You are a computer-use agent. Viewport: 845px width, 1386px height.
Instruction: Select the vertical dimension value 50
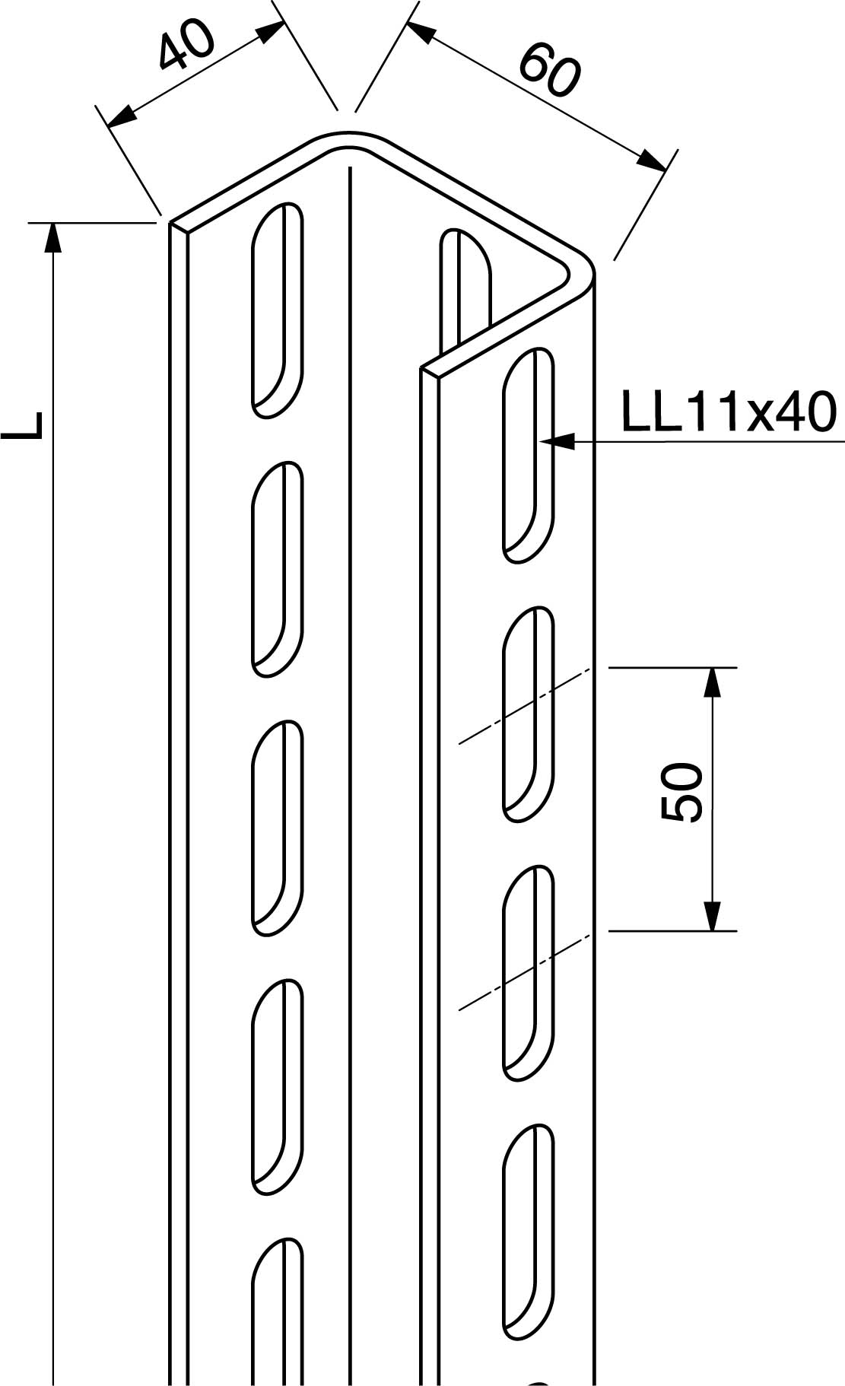point(680,793)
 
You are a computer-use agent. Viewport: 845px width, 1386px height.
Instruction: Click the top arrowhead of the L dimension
point(52,235)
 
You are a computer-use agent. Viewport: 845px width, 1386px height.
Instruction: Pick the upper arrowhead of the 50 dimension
point(711,682)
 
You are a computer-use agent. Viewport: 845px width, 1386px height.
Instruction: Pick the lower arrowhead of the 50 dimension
point(711,917)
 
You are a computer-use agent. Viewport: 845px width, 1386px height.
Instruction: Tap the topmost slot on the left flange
point(278,310)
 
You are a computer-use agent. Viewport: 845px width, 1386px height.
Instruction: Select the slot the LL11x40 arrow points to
point(528,455)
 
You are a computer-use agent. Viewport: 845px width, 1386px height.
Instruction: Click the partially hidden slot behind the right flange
point(465,285)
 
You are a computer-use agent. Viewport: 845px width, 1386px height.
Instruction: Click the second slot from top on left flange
point(278,568)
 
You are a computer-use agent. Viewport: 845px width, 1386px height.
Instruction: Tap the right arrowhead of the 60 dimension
point(651,161)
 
